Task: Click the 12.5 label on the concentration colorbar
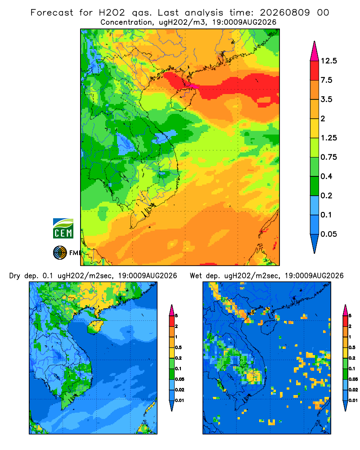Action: coord(328,61)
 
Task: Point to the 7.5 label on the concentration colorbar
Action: coord(326,80)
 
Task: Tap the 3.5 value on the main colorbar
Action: coord(326,99)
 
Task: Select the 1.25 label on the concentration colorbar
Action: coord(328,138)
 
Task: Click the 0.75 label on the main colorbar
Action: coord(328,157)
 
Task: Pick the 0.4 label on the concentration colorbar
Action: coord(326,176)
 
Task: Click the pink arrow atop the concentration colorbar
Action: coord(315,51)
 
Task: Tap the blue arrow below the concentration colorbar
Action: coord(315,243)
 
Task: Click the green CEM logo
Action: coord(63,229)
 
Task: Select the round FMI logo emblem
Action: coord(60,253)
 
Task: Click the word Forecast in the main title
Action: coord(52,13)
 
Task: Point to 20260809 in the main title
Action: coord(285,13)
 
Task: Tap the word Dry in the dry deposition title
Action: coord(15,276)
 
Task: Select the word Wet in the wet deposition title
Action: coord(196,276)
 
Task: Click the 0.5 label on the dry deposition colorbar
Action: coord(178,347)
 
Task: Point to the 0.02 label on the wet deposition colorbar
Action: coord(353,390)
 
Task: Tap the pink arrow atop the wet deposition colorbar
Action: coord(345,310)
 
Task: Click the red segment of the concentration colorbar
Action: coord(315,71)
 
